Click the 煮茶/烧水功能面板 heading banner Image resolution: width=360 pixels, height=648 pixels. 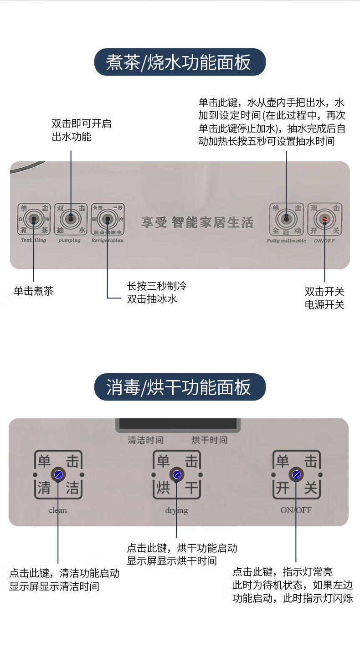180,62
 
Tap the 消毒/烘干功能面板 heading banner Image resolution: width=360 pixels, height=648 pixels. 180,387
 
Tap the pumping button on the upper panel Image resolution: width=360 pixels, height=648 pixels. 71,219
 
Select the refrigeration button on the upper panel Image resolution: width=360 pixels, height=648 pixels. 108,219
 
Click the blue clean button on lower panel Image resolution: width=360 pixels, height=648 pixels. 58,475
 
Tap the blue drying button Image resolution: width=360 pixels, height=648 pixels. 177,475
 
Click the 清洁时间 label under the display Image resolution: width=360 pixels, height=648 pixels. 145,440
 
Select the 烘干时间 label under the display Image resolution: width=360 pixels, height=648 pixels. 209,440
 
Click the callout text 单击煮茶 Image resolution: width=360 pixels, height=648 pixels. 33,291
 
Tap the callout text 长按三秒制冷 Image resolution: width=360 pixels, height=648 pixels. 157,287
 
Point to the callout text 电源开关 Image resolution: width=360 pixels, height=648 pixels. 324,305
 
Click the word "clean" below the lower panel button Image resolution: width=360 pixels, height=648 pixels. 58,510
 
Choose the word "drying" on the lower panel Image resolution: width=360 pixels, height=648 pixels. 177,510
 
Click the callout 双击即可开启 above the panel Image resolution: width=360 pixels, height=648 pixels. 81,124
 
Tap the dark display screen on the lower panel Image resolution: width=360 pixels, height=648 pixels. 178,424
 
